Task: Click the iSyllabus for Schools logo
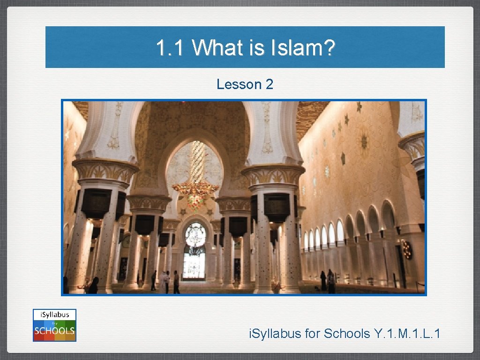coord(54,325)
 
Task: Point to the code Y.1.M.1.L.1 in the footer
coord(407,334)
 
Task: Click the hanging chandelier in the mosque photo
coord(195,185)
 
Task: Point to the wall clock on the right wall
coord(407,249)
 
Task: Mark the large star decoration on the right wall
coord(364,140)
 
